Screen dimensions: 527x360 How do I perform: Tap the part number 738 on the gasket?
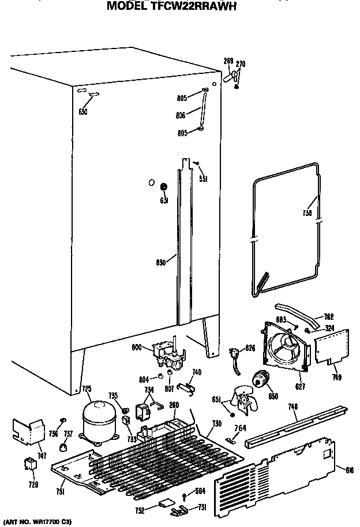(307, 214)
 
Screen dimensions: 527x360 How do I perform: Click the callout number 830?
(161, 262)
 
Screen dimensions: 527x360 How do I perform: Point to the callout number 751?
(60, 491)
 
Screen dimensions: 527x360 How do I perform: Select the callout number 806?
(181, 115)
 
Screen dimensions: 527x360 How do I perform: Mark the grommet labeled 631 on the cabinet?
(163, 187)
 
